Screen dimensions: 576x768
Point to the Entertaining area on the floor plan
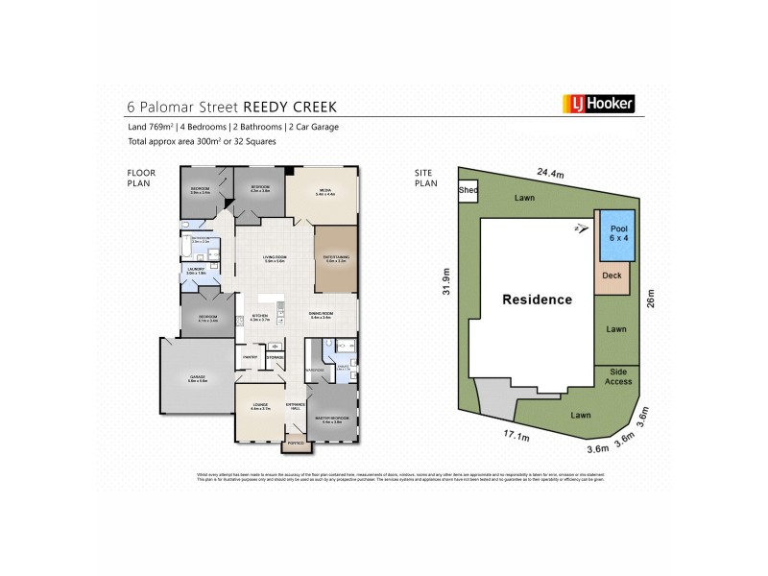[x=336, y=256]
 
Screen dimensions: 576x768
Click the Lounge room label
[x=258, y=406]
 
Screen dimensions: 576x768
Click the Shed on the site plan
[x=468, y=190]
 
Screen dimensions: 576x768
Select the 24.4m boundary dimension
[x=549, y=175]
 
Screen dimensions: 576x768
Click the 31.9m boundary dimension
[x=445, y=280]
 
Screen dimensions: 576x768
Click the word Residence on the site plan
[x=537, y=300]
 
